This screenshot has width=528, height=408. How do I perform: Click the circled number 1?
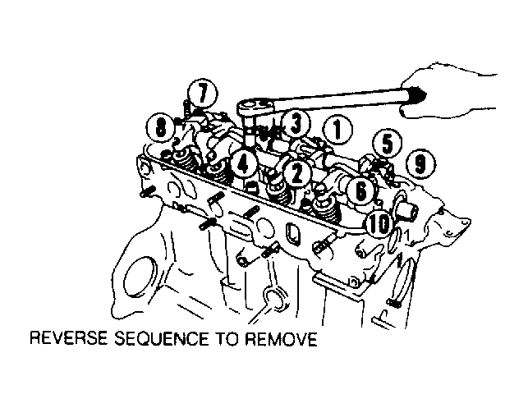337,131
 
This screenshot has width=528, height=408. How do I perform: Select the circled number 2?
296,173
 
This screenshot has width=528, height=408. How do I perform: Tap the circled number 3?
296,124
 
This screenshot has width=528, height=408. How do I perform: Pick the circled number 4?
243,165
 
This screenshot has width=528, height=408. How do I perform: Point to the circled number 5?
388,143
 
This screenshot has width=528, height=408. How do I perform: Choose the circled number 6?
360,191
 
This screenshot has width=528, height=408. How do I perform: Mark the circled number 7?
202,94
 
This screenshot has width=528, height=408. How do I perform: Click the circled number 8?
161,128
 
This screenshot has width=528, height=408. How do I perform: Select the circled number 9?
420,164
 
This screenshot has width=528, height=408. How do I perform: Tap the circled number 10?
379,224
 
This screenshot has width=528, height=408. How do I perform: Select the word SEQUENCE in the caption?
162,339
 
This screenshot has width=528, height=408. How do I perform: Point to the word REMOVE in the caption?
281,339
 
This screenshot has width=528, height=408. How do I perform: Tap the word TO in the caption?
227,339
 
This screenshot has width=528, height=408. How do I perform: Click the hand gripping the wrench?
448,90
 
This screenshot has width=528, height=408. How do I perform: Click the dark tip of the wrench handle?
417,94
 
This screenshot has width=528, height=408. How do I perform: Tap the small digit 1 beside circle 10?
406,235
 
